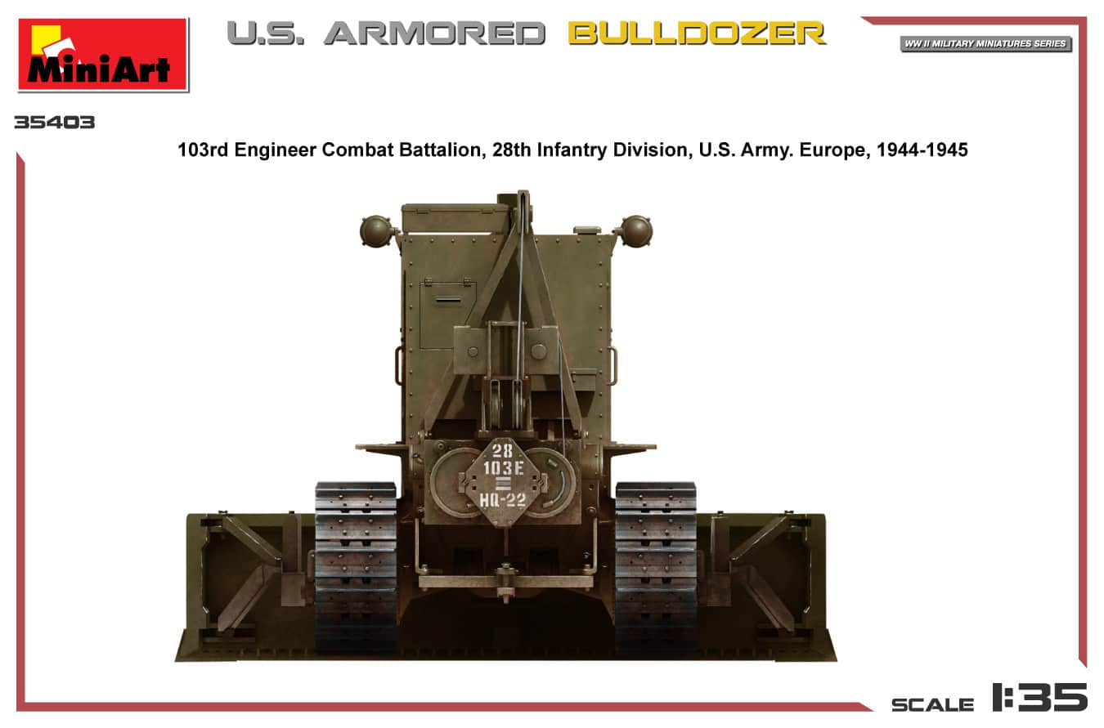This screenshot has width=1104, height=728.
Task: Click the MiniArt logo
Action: pos(103,54)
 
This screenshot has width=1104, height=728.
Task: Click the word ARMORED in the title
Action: pos(434,33)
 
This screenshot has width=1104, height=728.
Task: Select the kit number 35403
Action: pos(54,123)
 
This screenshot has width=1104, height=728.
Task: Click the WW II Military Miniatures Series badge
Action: pos(985,43)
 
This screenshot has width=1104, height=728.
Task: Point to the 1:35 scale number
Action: pos(1039,699)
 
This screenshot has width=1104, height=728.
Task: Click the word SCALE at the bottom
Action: pos(932,704)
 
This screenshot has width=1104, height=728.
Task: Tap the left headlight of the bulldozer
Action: pos(377,231)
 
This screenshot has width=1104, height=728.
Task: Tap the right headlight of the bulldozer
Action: pos(635,230)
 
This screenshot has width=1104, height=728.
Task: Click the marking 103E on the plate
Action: pos(504,468)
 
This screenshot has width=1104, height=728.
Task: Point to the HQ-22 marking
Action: pos(504,500)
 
